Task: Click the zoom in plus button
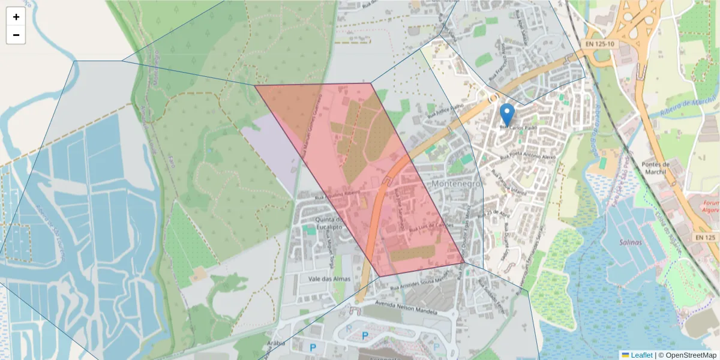tap(16, 17)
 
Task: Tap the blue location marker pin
tap(507, 115)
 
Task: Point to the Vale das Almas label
tap(325, 279)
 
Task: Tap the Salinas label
tap(628, 242)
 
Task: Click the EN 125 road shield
tap(706, 238)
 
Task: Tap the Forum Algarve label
tap(712, 206)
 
